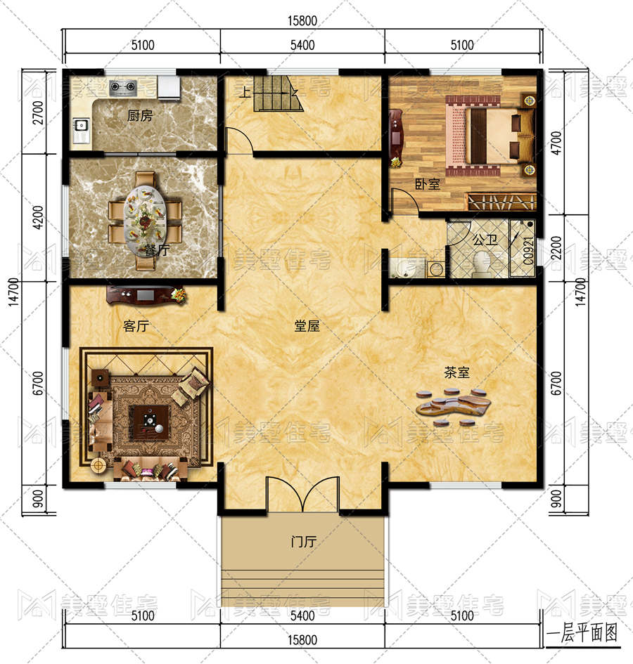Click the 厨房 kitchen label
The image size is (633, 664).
click(x=139, y=115)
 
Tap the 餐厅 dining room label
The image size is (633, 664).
click(x=156, y=250)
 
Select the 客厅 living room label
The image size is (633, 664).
click(x=136, y=325)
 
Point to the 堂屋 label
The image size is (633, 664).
click(x=307, y=325)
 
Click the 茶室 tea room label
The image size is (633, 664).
click(x=456, y=372)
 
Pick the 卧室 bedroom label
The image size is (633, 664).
click(x=428, y=184)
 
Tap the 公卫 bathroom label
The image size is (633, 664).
click(x=485, y=240)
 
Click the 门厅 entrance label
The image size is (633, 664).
click(x=304, y=541)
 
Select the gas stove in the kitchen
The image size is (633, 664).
click(x=123, y=87)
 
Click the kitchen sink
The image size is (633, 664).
click(x=81, y=125)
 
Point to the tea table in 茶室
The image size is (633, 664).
click(x=453, y=405)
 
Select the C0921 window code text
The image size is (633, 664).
click(x=528, y=251)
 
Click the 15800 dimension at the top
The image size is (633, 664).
click(x=302, y=20)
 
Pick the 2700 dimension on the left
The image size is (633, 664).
click(x=38, y=112)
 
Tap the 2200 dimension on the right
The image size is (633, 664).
click(x=556, y=248)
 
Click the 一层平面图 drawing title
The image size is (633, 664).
click(x=582, y=634)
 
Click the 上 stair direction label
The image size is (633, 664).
click(x=245, y=92)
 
